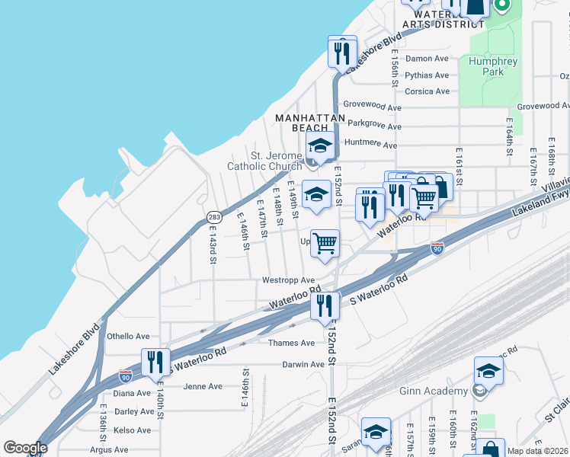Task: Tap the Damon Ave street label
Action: [x=427, y=59]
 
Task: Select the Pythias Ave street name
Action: [x=427, y=75]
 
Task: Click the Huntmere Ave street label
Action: [x=371, y=145]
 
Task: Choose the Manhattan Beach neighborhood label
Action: [x=301, y=123]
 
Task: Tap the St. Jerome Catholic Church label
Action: [x=264, y=161]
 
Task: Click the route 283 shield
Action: [x=214, y=217]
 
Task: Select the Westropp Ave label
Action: [x=288, y=280]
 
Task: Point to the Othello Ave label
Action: [x=128, y=336]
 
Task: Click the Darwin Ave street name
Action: [x=303, y=365]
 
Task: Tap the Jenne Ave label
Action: [x=203, y=386]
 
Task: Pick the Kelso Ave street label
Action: [x=132, y=430]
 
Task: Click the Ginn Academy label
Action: [x=434, y=391]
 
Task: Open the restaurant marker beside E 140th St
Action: [x=155, y=361]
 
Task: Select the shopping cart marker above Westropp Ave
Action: [x=325, y=244]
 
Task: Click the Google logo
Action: [x=25, y=448]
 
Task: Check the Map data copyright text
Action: [x=537, y=451]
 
